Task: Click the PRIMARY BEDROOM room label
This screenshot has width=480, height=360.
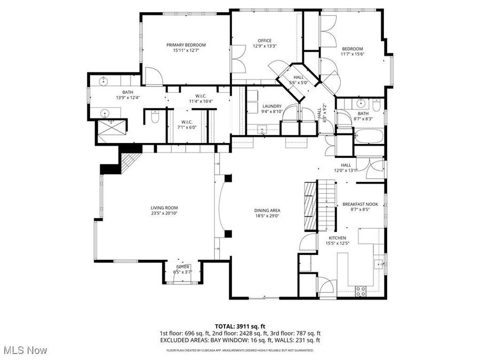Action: click(186, 45)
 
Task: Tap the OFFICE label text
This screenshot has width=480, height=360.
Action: click(265, 41)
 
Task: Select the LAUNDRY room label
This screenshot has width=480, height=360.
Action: click(271, 106)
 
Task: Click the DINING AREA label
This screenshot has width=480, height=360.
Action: click(267, 210)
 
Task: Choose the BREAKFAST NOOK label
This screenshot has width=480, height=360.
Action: click(356, 204)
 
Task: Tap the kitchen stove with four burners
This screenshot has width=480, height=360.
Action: click(361, 291)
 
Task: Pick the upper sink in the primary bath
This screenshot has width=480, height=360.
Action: click(103, 81)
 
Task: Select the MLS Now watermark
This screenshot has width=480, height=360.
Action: click(25, 350)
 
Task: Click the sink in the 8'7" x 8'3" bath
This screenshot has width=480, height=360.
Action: click(361, 103)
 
